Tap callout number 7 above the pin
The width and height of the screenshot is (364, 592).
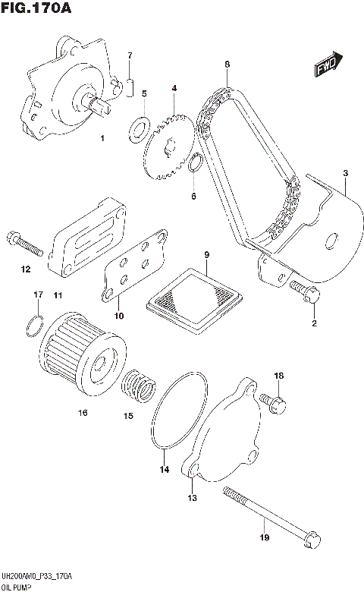[x=130, y=55]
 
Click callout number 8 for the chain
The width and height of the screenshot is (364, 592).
[x=227, y=65]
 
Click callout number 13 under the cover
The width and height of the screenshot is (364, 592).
[x=192, y=498]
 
